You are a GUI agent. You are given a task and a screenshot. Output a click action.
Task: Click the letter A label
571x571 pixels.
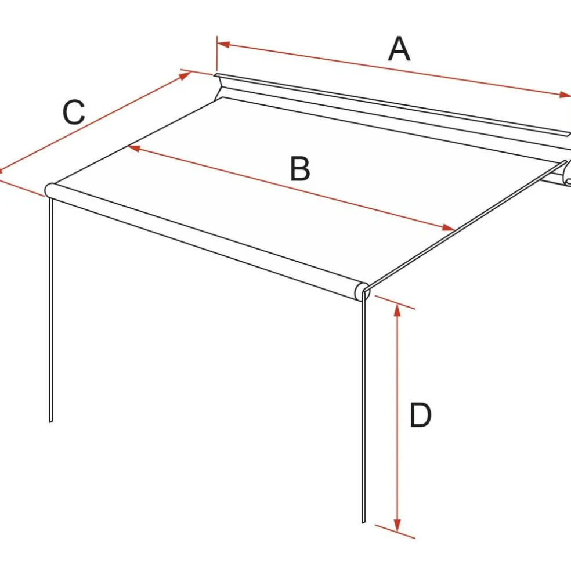pos(399,49)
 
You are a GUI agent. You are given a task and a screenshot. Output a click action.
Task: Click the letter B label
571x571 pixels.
pos(300,169)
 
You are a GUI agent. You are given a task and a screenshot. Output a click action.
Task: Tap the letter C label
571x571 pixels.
pos(74,112)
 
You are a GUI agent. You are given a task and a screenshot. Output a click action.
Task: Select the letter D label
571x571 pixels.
pos(420,415)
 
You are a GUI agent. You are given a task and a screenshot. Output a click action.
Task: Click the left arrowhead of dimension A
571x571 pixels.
pos(223,45)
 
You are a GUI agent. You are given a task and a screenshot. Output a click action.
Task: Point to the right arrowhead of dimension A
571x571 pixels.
pos(565,95)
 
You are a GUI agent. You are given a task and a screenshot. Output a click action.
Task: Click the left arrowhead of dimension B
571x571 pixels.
pos(134,148)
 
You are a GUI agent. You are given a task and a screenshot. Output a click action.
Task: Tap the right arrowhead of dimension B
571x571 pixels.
pos(448,227)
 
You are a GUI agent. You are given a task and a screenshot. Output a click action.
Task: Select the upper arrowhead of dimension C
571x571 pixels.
pos(185,75)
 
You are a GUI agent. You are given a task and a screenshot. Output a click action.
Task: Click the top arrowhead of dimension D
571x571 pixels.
pos(397,310)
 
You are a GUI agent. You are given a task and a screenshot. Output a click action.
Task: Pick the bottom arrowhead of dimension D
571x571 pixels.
pos(397,525)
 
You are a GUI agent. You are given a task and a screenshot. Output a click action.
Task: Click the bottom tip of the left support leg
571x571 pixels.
pos(50,422)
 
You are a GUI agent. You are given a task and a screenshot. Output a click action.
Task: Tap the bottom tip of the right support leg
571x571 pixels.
pos(363,522)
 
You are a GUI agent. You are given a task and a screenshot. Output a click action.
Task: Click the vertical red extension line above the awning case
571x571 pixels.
pos(217,53)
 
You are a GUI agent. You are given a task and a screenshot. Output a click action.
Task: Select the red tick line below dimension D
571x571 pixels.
pos(395,532)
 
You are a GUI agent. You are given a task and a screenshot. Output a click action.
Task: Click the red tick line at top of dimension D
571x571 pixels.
pos(395,302)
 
